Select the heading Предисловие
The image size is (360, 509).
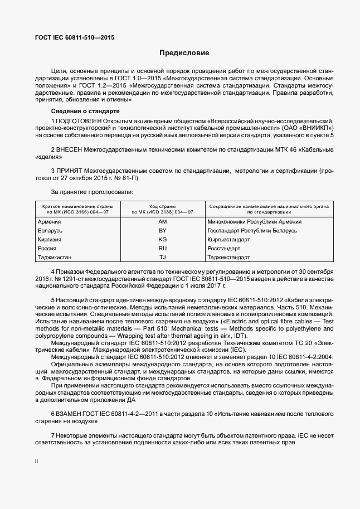[x=184, y=54]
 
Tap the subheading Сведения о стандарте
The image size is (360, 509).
[x=85, y=112]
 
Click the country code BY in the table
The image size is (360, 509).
[x=163, y=230]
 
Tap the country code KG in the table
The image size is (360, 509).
[x=163, y=239]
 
